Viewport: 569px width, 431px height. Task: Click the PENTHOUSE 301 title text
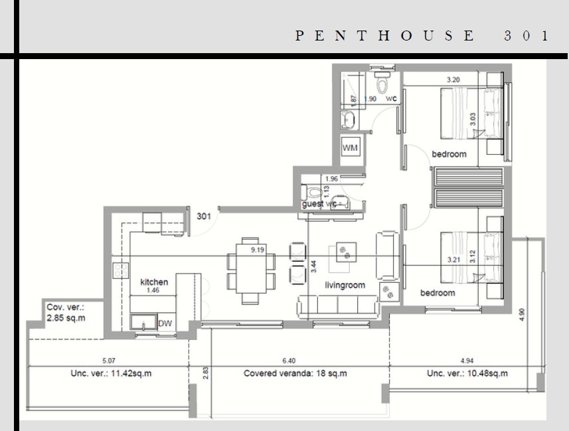[x=422, y=36]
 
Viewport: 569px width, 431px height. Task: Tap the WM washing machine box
[x=350, y=147]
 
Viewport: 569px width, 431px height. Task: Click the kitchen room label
[x=154, y=282]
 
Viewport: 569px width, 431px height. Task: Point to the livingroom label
[x=345, y=285]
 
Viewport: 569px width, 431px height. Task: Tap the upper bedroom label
[x=449, y=154]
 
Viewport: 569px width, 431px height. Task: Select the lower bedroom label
[x=438, y=293]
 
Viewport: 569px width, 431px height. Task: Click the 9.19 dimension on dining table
[x=258, y=250]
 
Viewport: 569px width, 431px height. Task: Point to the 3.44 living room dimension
[x=313, y=267]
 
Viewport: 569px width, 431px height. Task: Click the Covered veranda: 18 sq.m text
[x=295, y=373]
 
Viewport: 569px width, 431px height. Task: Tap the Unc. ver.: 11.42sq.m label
[x=111, y=373]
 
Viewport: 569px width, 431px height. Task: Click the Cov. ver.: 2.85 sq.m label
[x=66, y=313]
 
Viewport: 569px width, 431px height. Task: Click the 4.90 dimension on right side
[x=522, y=313]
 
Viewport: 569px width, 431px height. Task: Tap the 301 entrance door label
[x=204, y=216]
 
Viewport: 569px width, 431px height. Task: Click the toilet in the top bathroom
[x=382, y=86]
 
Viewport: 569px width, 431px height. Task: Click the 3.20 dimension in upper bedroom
[x=453, y=80]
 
